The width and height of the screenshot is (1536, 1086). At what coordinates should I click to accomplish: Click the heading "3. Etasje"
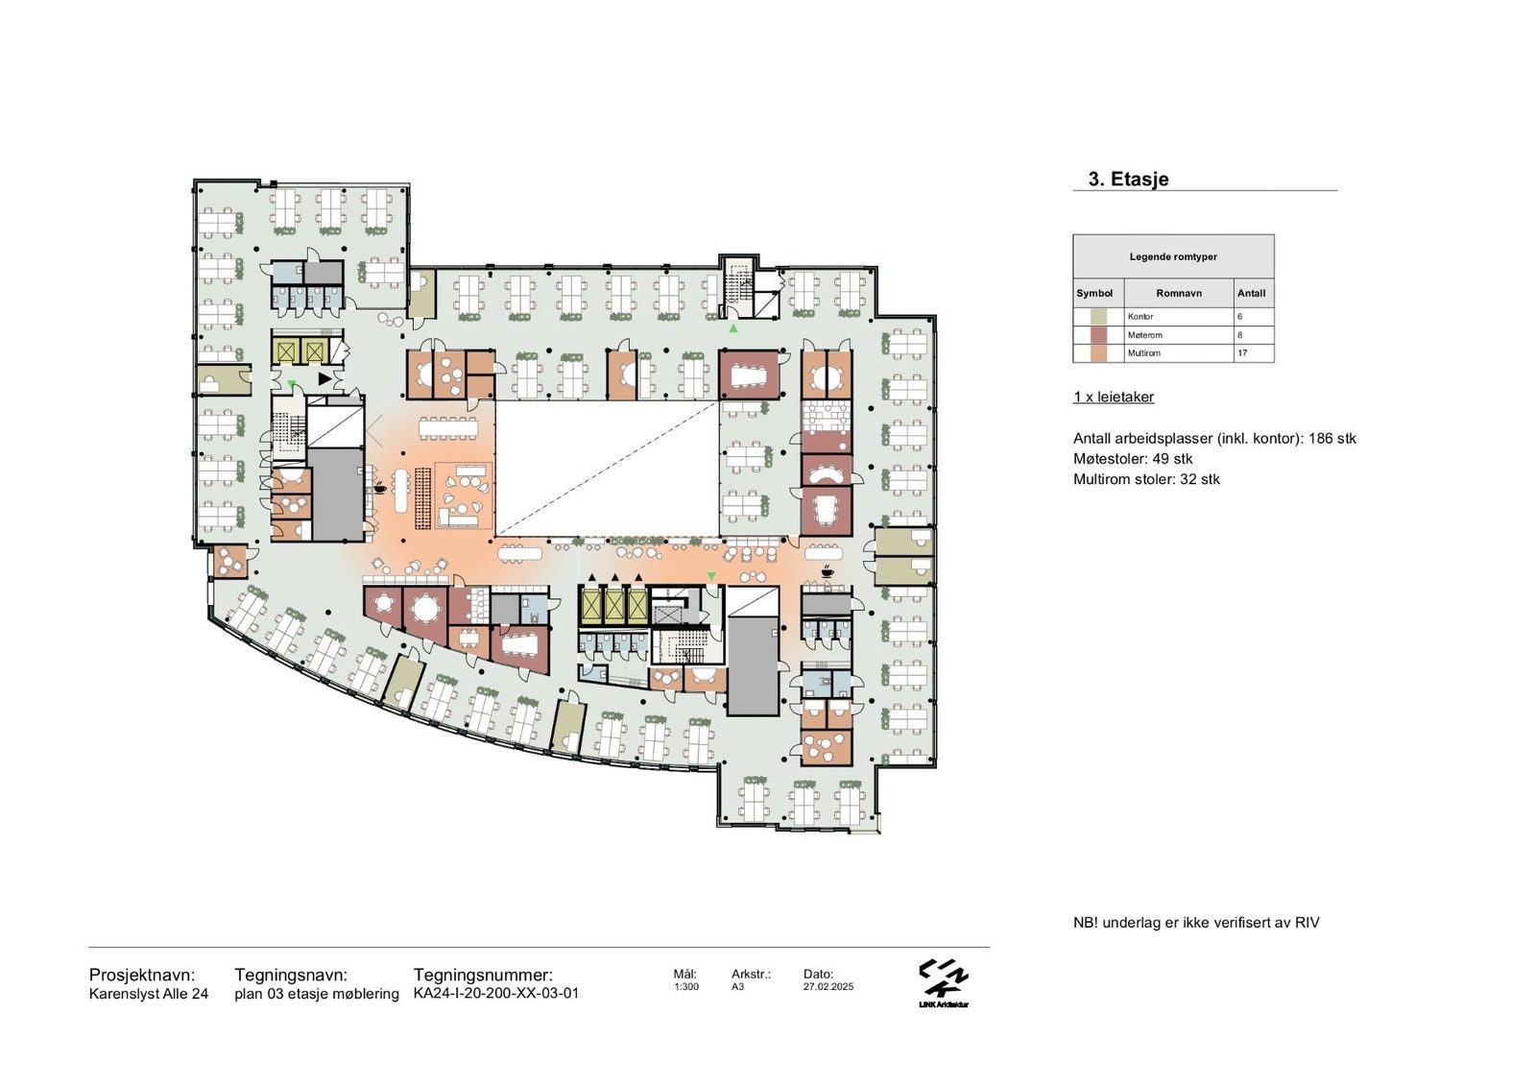[1128, 179]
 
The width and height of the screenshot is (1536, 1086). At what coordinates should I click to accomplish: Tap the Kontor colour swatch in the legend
[1098, 317]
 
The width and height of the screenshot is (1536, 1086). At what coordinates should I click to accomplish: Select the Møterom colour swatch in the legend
[1098, 335]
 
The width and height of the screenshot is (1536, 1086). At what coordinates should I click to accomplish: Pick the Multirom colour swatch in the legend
[1098, 353]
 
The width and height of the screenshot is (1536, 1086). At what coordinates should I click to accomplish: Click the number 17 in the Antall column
[1242, 353]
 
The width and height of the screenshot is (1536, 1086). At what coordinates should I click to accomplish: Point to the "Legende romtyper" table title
[1173, 256]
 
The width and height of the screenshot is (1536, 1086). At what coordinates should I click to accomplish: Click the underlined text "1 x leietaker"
[1114, 397]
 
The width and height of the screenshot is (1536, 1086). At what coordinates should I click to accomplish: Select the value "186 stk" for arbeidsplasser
[1332, 439]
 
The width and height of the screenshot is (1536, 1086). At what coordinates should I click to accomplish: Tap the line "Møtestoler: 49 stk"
[1133, 459]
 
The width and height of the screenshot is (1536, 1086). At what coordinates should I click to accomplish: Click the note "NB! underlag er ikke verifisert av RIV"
[1196, 923]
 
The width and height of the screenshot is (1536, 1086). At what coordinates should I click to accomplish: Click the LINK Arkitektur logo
[944, 984]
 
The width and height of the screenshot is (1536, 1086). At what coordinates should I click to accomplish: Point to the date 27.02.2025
[828, 986]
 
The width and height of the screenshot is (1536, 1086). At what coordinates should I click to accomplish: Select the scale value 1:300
[685, 986]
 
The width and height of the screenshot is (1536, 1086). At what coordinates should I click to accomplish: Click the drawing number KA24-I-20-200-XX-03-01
[495, 993]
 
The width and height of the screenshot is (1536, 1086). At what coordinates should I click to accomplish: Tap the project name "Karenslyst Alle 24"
[149, 994]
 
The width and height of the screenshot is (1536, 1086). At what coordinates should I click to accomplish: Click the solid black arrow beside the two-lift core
[324, 378]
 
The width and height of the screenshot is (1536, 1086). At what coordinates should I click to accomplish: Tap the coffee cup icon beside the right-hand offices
[827, 570]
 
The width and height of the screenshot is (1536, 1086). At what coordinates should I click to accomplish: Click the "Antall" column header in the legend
[1251, 293]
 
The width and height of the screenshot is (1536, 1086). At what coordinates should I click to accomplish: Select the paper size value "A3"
[738, 986]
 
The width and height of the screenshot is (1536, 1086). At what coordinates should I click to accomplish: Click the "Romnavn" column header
[1179, 293]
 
